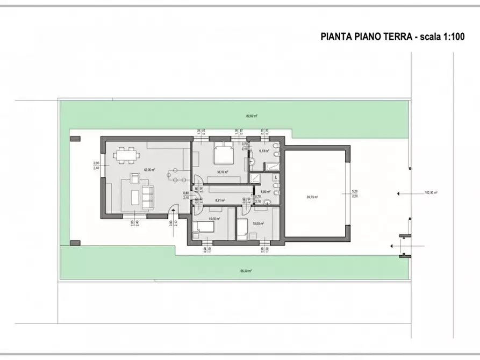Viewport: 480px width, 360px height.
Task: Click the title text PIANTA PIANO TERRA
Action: click(366, 37)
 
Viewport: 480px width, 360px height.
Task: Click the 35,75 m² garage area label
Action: click(312, 197)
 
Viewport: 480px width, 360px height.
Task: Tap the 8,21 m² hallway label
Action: click(219, 200)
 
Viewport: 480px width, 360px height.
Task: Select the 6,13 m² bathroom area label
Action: click(263, 152)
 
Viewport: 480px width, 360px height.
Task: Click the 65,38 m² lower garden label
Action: click(246, 271)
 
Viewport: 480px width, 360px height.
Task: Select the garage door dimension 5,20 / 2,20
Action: click(354, 194)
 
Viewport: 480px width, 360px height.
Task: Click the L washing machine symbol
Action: click(276, 177)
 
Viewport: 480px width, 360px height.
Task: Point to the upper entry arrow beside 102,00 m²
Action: click(399, 192)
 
